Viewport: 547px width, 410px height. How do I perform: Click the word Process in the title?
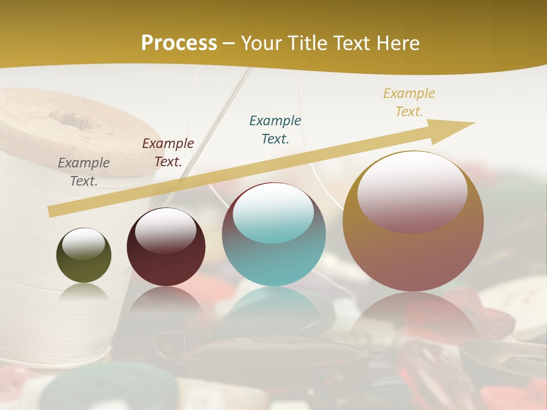[179, 43]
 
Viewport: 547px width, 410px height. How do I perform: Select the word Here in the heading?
[397, 43]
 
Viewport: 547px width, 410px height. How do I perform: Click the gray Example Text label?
[84, 172]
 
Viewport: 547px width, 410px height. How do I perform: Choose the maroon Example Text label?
[168, 153]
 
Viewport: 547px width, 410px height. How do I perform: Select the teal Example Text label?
[275, 129]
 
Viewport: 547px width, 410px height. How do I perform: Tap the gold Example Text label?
[409, 102]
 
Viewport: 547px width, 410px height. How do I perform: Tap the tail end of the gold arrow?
[52, 211]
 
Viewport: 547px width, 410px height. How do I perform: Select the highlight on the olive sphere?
[83, 244]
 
